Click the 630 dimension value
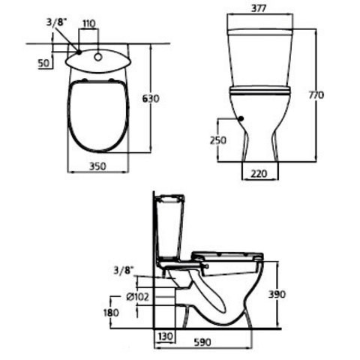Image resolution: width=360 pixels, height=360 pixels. [x=151, y=98]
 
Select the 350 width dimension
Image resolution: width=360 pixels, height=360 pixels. [x=97, y=166]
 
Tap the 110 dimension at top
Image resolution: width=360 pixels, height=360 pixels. [x=89, y=24]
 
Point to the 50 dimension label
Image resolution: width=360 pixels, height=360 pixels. [x=44, y=63]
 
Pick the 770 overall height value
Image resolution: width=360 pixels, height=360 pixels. [x=316, y=95]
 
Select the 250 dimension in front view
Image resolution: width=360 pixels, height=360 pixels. [x=218, y=140]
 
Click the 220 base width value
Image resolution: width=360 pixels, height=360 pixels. [x=259, y=173]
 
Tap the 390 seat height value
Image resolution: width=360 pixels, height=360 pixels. [x=277, y=294]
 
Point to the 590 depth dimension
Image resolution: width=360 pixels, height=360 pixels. [x=202, y=342]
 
